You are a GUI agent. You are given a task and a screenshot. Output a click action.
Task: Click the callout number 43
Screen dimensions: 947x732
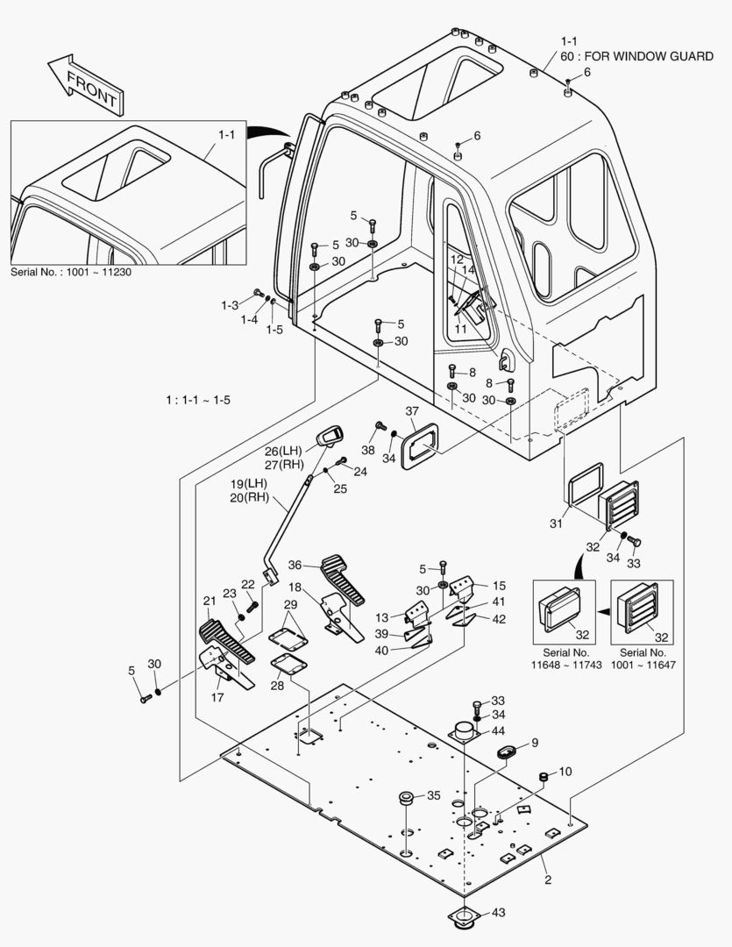pos(499,913)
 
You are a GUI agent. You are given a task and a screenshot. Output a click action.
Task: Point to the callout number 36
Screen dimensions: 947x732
pos(295,565)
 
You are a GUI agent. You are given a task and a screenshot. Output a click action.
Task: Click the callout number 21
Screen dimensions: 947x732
pos(209,601)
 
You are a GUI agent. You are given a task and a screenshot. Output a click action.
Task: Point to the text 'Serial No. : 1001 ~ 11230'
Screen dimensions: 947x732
pos(71,272)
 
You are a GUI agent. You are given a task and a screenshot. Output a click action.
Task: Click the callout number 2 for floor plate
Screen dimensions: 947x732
pos(547,879)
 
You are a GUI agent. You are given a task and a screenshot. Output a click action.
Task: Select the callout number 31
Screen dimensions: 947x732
pos(554,524)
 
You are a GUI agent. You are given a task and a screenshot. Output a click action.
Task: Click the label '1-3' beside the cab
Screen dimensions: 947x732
pos(230,305)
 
